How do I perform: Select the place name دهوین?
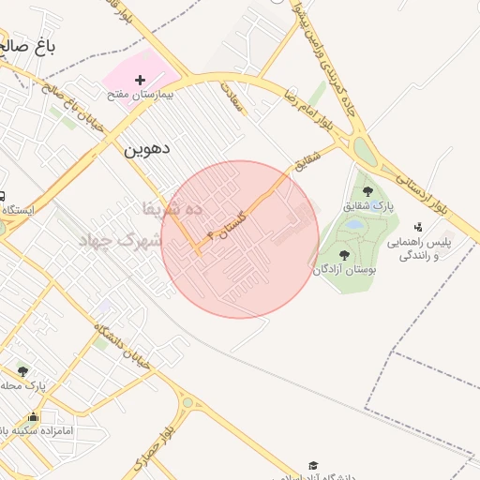(x=145, y=147)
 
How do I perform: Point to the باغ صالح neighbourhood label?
(x=28, y=47)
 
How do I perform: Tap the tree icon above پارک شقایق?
(x=367, y=191)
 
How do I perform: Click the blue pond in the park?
(x=354, y=225)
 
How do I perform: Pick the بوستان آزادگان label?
(x=345, y=269)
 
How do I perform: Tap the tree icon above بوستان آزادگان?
(x=344, y=254)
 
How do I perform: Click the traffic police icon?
(x=418, y=226)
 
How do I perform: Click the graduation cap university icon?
(x=313, y=466)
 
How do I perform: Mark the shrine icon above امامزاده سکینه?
(x=34, y=417)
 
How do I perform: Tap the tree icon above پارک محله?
(x=22, y=370)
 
